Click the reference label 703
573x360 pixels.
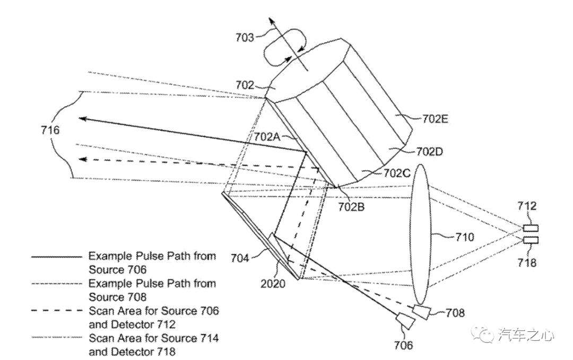tap(245, 37)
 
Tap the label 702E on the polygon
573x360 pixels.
tap(436, 119)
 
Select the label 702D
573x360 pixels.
tap(429, 151)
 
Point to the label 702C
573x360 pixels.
tap(397, 173)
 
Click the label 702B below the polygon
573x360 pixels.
tap(351, 206)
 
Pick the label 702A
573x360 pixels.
tap(267, 137)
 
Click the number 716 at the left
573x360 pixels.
tap(50, 130)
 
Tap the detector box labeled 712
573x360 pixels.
tap(531, 229)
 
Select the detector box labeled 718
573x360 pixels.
tap(531, 240)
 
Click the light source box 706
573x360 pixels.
tap(406, 321)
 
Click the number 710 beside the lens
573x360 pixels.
tap(465, 237)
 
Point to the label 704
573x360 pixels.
tap(240, 258)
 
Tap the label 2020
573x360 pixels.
tap(273, 283)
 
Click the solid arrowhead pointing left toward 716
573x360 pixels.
tap(84, 119)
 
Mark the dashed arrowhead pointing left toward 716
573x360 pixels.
tap(84, 159)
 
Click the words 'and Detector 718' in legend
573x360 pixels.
tap(132, 352)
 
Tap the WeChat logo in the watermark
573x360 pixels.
tap(483, 334)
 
